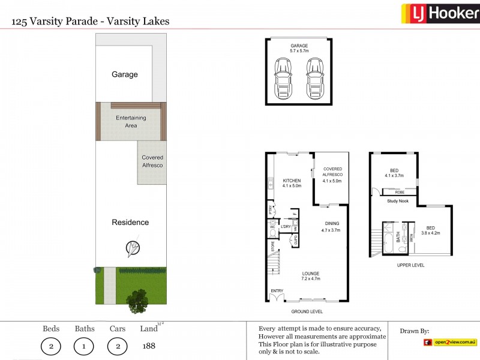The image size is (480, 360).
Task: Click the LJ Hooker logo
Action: (x=440, y=13)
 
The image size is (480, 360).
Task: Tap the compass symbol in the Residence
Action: (x=133, y=247)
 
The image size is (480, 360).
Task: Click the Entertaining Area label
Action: (x=130, y=122)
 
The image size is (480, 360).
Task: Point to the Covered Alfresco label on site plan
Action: (x=152, y=161)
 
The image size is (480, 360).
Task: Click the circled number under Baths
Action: (x=85, y=346)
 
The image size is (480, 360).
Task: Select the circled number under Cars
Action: (x=118, y=346)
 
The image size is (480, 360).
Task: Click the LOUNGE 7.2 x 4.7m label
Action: (x=310, y=276)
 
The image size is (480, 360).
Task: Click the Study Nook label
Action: (x=398, y=201)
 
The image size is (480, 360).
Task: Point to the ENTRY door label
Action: (x=276, y=291)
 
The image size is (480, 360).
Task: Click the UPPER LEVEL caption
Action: (x=410, y=265)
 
